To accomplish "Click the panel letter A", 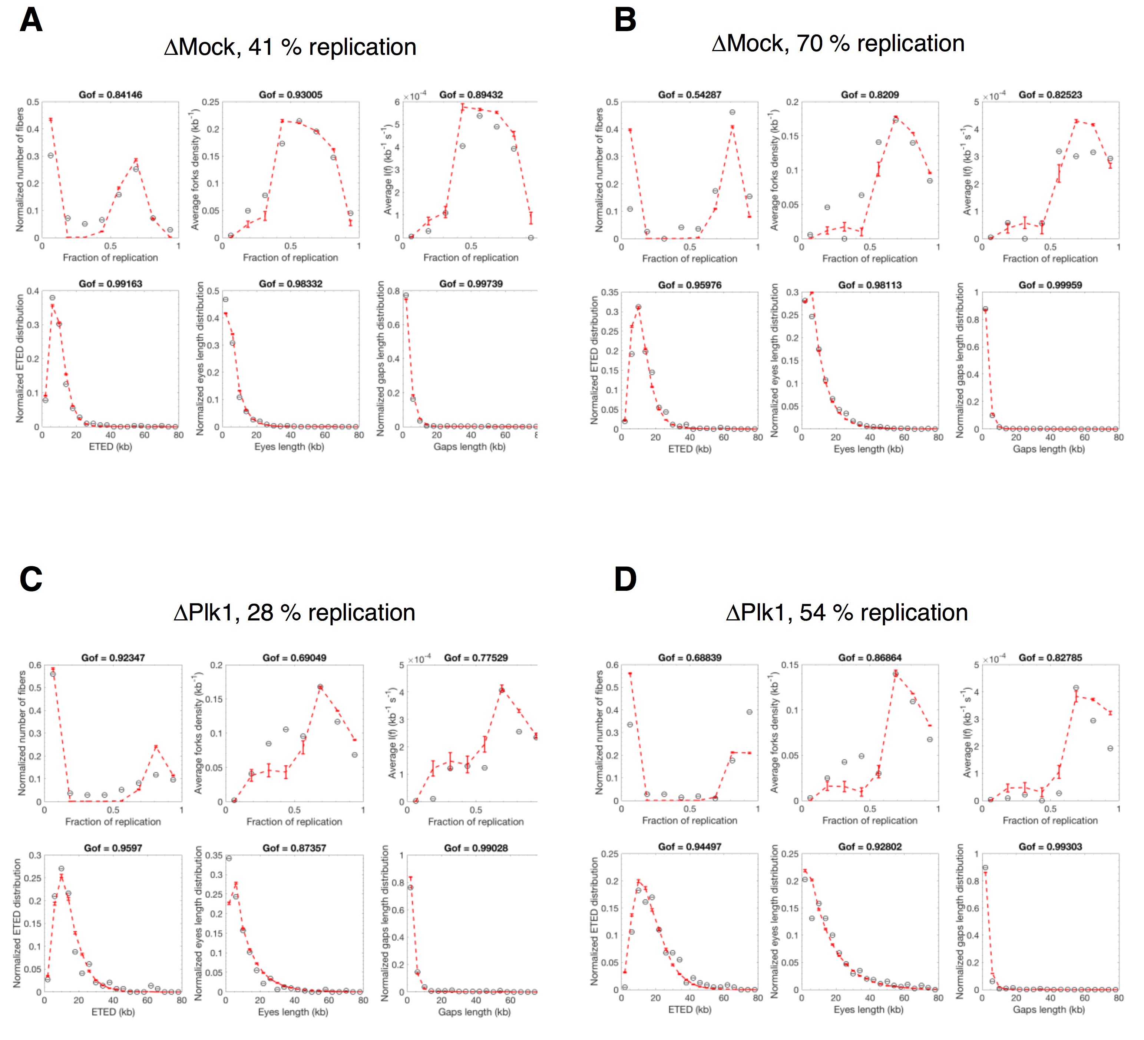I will tap(31, 21).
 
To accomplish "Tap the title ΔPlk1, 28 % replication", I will tap(294, 613).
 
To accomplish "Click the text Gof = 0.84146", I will tap(110, 95).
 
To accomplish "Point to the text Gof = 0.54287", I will tap(690, 95).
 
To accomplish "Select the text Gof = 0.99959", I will tap(1050, 285).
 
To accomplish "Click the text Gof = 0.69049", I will tap(294, 658).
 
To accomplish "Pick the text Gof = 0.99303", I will tap(1050, 847).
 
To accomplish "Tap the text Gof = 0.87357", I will tap(294, 848).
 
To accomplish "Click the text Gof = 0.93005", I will tap(291, 95).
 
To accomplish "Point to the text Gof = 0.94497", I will tap(690, 847).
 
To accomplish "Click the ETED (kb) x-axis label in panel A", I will tap(110, 447).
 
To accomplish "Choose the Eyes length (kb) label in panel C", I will tap(293, 1011).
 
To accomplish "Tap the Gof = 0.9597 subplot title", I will tap(113, 848).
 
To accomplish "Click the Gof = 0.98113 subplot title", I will tap(869, 285).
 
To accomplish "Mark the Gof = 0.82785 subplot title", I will tap(1050, 658).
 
